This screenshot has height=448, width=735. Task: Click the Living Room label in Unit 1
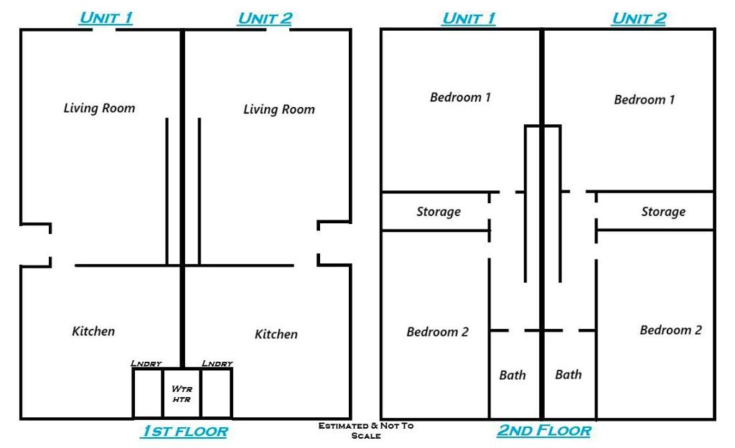99,108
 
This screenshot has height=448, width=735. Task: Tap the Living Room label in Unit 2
278,110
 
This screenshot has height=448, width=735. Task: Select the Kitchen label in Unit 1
93,331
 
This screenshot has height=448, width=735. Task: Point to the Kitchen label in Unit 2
276,335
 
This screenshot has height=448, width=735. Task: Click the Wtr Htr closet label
182,393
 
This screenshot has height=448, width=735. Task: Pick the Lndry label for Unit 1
146,364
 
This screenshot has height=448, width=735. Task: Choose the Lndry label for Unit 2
217,364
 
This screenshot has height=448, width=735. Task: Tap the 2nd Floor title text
543,431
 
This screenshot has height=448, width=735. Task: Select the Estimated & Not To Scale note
366,430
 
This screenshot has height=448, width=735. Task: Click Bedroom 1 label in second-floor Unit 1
460,97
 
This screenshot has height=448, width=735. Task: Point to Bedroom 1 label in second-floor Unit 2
644,100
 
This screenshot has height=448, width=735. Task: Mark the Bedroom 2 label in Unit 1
437,332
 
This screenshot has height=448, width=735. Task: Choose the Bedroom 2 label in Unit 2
670,330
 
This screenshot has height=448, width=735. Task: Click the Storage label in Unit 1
439,212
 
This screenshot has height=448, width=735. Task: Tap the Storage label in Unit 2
663,212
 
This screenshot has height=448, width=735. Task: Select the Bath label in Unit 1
512,375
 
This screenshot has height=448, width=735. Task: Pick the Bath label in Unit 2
568,374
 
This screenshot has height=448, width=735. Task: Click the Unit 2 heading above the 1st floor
264,19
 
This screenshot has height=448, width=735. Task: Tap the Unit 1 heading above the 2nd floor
468,19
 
